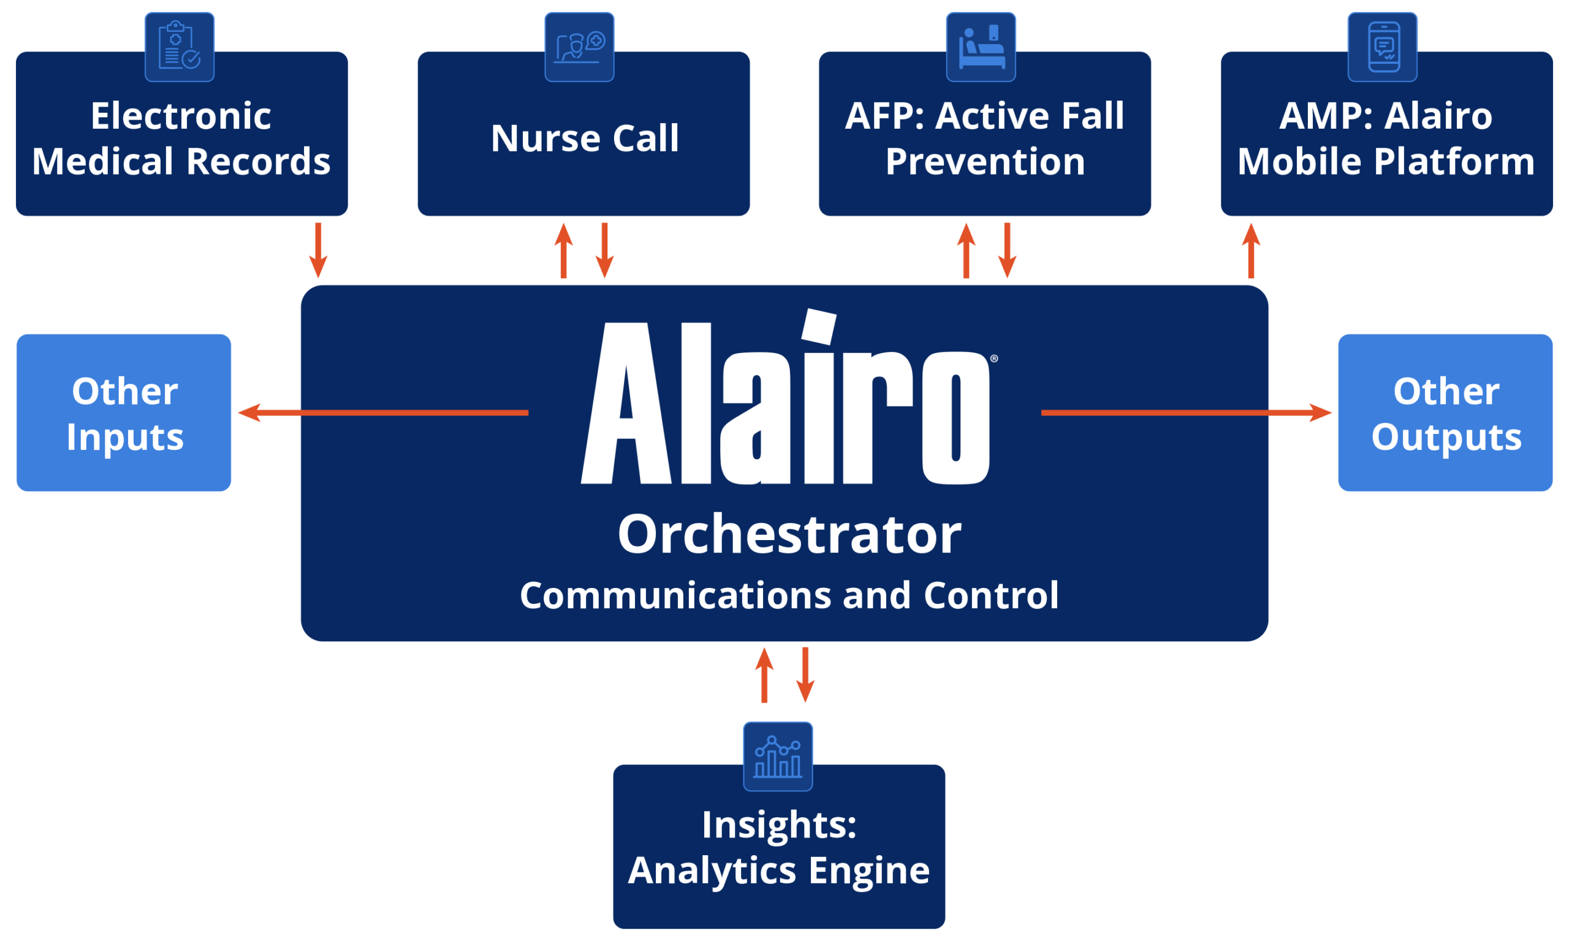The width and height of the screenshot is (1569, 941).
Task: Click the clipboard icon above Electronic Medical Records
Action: click(180, 47)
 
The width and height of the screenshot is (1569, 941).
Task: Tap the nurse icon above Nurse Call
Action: click(579, 47)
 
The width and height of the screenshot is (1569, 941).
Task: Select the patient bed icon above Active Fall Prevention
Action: click(981, 47)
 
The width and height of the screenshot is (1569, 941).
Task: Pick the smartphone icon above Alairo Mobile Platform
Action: click(1383, 47)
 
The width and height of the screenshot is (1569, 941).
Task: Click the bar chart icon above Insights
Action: click(778, 756)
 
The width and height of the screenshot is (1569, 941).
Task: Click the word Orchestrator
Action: click(789, 535)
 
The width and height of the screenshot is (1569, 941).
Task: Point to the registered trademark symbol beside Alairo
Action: click(994, 359)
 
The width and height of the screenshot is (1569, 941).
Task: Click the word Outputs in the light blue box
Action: click(1446, 437)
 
